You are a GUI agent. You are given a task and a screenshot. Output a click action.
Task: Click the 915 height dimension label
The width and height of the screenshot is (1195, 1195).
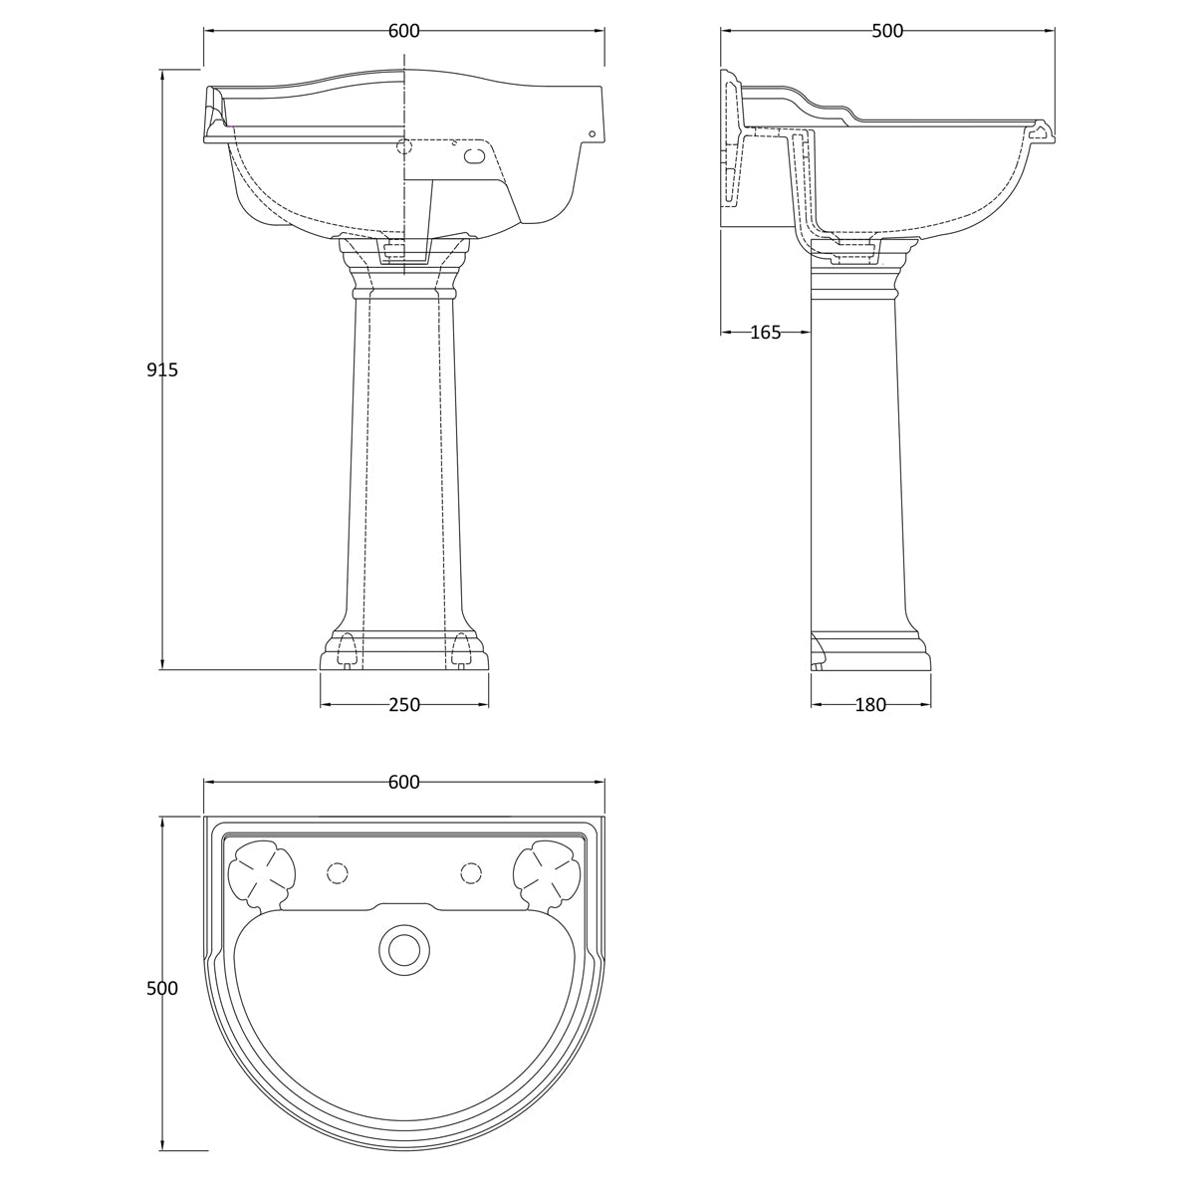tap(162, 370)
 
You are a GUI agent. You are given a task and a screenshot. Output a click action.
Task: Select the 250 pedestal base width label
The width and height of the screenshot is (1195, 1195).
tap(403, 705)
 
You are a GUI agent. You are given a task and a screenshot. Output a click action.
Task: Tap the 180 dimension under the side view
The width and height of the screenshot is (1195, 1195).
tap(869, 705)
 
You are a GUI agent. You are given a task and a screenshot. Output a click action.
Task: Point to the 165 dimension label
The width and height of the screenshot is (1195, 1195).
tap(765, 333)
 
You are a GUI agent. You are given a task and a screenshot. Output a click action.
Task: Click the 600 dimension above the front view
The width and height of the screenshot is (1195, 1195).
tap(403, 31)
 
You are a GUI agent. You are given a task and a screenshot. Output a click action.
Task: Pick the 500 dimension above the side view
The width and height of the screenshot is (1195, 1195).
tap(886, 31)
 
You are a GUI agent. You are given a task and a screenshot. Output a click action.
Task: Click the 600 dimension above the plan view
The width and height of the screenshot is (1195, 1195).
tap(403, 783)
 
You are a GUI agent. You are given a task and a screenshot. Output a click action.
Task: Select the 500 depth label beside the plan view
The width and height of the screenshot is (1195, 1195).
tap(162, 989)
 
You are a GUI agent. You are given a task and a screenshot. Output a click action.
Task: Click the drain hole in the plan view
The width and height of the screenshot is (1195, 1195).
tap(403, 949)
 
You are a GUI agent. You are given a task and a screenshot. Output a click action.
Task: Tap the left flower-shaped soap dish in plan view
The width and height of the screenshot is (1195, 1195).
tap(263, 872)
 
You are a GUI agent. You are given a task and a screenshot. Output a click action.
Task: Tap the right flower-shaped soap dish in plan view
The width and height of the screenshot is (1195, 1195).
tap(546, 872)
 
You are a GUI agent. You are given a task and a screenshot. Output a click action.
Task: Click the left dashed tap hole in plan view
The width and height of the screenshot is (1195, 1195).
tap(338, 873)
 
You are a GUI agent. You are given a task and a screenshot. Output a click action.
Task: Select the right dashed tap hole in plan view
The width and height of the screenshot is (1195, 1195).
tap(470, 873)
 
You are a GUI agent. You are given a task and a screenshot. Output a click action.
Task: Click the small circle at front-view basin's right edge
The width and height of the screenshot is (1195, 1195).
tap(592, 133)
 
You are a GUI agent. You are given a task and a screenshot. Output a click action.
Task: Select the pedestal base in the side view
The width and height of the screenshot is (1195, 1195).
tap(869, 652)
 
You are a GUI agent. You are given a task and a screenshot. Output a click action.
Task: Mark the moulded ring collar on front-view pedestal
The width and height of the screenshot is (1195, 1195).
tap(403, 293)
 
